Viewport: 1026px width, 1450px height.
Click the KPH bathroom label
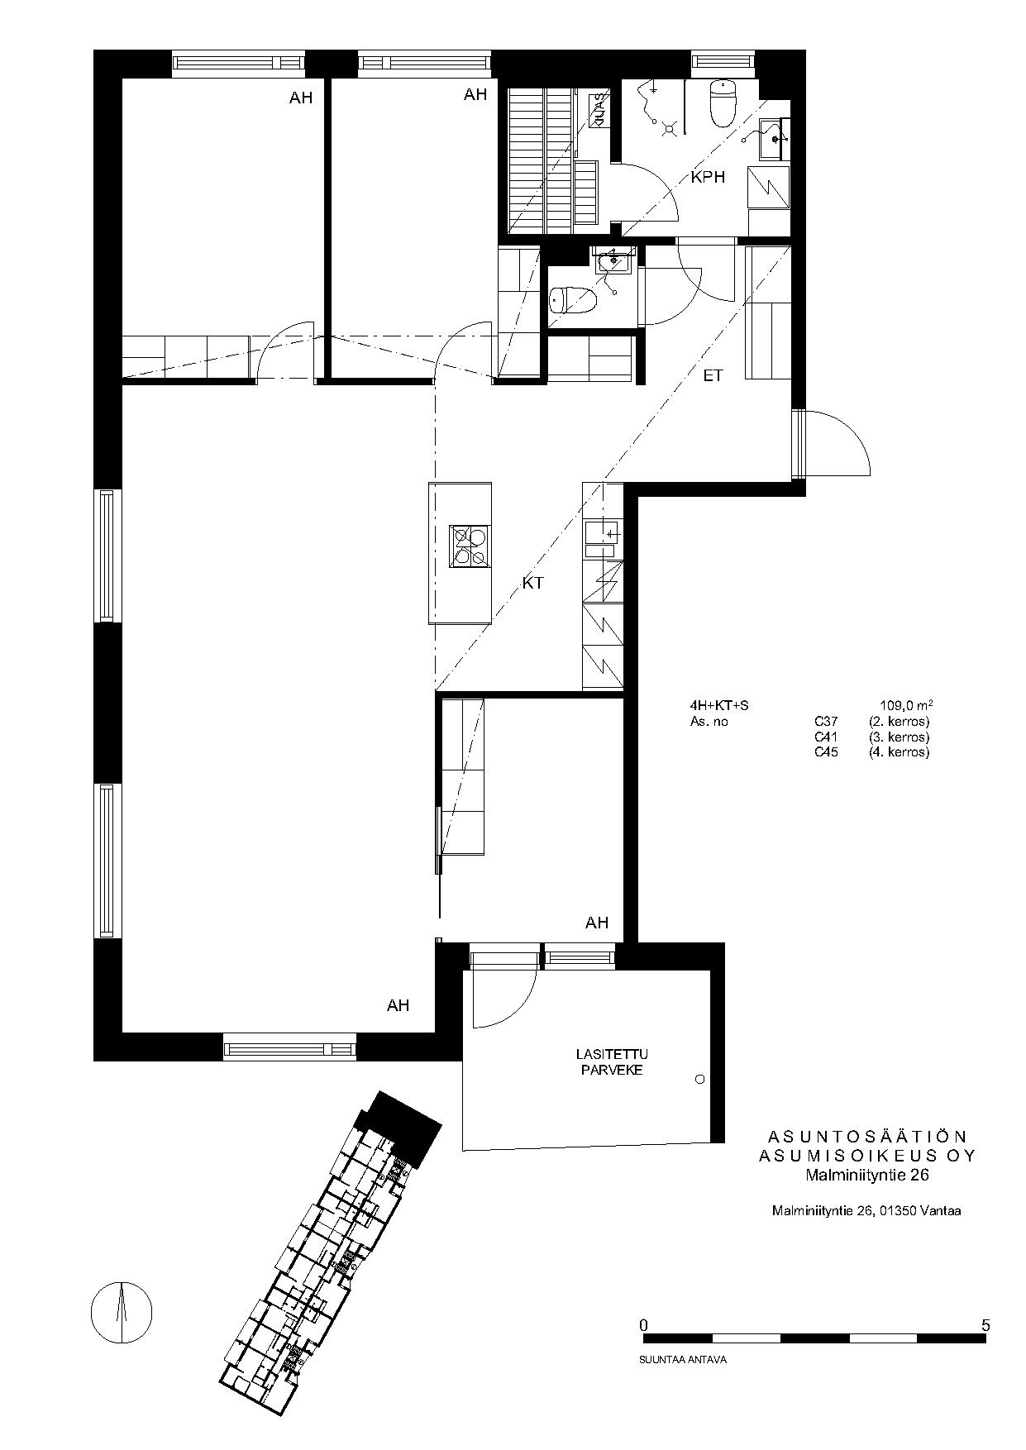coord(708,176)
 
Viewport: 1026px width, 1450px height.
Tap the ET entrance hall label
coord(713,376)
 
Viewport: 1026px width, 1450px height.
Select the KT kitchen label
coord(533,583)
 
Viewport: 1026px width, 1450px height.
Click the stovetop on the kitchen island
coord(470,546)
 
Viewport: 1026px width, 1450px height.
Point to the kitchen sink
coord(602,537)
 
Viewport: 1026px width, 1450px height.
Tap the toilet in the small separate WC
coord(574,298)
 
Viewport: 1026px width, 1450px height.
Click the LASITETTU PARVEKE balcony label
coord(612,1061)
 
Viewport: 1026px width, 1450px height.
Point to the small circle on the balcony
coord(700,1080)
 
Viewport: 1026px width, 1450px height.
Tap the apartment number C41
coord(826,737)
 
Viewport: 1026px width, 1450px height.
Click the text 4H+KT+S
coord(718,706)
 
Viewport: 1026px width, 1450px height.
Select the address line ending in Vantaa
coord(866,1211)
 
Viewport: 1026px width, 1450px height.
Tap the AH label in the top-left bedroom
coord(301,98)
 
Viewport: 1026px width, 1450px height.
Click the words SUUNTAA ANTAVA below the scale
coord(682,1359)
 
